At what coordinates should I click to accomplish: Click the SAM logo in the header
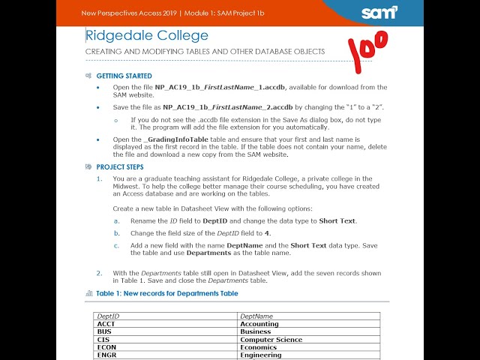[379, 13]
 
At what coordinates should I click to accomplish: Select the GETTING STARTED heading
[124, 76]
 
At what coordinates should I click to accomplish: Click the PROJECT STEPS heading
[120, 166]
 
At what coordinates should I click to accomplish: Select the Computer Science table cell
[271, 339]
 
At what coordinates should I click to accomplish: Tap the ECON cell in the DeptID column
[107, 347]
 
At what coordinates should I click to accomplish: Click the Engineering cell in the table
[261, 355]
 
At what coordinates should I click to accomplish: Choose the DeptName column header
[256, 316]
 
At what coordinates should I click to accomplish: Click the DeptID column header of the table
[109, 316]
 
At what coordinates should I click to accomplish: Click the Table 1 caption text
[167, 293]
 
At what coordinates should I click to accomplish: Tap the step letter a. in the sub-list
[116, 221]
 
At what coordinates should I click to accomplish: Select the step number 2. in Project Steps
[99, 273]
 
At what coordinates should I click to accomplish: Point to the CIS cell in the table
[103, 339]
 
